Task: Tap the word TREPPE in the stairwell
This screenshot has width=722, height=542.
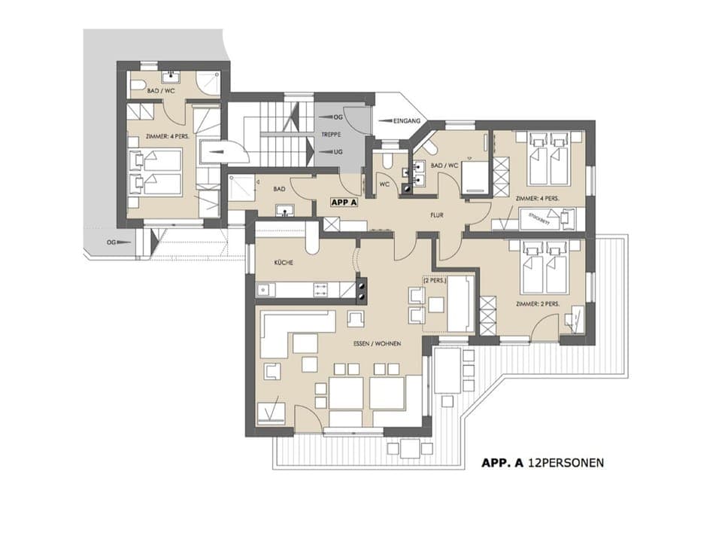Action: (330, 134)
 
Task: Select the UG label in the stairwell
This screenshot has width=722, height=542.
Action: (338, 151)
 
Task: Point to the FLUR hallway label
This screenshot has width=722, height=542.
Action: (436, 215)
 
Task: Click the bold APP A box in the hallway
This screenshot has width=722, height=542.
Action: (344, 202)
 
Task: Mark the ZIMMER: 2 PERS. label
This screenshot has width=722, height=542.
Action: (537, 303)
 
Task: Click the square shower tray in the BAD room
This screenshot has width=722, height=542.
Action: (241, 187)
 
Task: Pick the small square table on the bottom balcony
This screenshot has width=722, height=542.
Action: (409, 449)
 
